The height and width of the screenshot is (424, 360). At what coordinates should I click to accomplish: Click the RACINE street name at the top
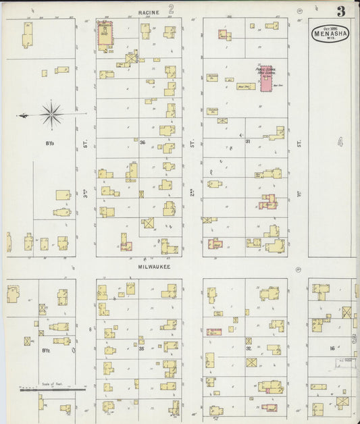tap(149, 12)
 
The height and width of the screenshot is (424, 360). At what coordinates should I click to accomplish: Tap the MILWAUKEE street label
tap(155, 267)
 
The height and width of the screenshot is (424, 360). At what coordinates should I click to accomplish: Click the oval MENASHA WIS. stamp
tap(330, 33)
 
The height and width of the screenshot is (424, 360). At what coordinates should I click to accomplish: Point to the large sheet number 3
tap(342, 11)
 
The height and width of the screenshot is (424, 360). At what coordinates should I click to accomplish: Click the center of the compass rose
tap(52, 114)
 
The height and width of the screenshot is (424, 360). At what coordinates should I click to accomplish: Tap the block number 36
tap(143, 142)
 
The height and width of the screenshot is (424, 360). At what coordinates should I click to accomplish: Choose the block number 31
tap(248, 141)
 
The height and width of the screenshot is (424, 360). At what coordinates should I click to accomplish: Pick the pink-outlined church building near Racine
tap(105, 35)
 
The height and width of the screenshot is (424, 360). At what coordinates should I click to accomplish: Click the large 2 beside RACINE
tap(172, 10)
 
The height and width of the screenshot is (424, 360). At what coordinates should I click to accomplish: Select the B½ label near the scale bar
tap(47, 350)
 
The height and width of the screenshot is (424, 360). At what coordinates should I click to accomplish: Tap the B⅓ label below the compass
tap(50, 143)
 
